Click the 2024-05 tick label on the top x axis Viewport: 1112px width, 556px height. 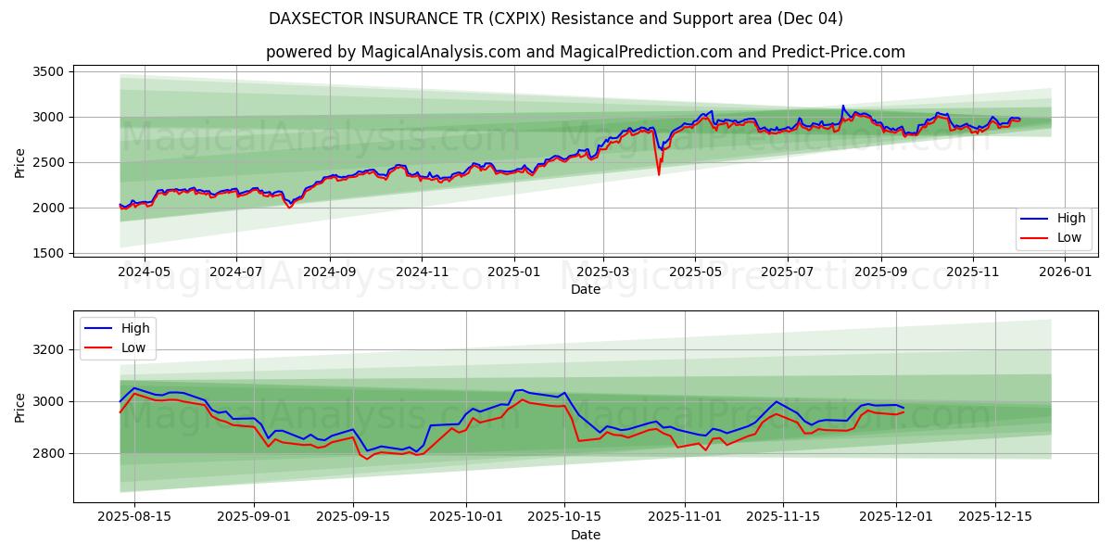(x=144, y=272)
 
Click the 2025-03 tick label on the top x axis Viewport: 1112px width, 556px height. (x=603, y=272)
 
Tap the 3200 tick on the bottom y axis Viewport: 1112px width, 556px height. (x=47, y=349)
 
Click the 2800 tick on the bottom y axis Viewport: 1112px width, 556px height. (x=47, y=453)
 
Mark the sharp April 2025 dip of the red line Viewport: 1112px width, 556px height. (x=659, y=173)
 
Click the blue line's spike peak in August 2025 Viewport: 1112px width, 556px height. (x=842, y=107)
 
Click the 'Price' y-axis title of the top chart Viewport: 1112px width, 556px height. (x=20, y=162)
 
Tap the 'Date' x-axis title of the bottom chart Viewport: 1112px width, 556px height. (x=585, y=535)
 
